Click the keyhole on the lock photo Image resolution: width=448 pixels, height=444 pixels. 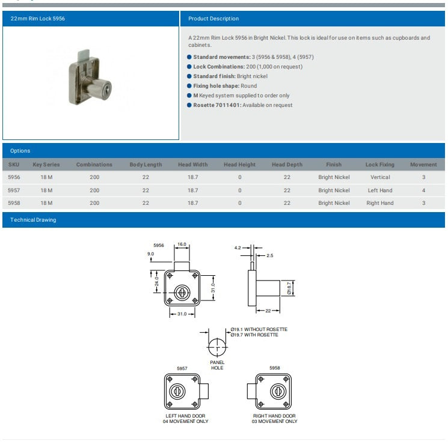106,91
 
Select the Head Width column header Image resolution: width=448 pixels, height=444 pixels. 193,165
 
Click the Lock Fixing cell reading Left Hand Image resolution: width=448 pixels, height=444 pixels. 380,190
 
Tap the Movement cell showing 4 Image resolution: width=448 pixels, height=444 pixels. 423,190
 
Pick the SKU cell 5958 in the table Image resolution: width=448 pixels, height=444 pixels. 14,203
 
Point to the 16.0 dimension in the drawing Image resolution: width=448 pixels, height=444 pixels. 182,244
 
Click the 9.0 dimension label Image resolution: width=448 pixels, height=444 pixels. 150,254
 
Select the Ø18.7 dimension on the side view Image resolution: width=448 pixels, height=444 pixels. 289,288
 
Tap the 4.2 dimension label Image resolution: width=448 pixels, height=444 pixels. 238,248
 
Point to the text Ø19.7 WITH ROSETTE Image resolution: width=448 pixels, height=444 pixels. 254,335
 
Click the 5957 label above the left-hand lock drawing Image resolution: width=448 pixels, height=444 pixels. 182,368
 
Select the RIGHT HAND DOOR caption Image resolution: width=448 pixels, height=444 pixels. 274,416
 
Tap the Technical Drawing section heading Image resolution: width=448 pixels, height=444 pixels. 33,220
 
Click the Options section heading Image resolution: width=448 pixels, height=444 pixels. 20,151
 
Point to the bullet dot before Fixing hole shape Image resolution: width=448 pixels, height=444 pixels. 189,86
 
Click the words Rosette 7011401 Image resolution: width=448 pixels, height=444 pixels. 217,105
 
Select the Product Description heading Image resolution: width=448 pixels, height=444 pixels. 213,19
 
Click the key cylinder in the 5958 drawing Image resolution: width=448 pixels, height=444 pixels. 278,391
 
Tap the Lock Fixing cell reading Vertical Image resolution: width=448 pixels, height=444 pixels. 380,177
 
